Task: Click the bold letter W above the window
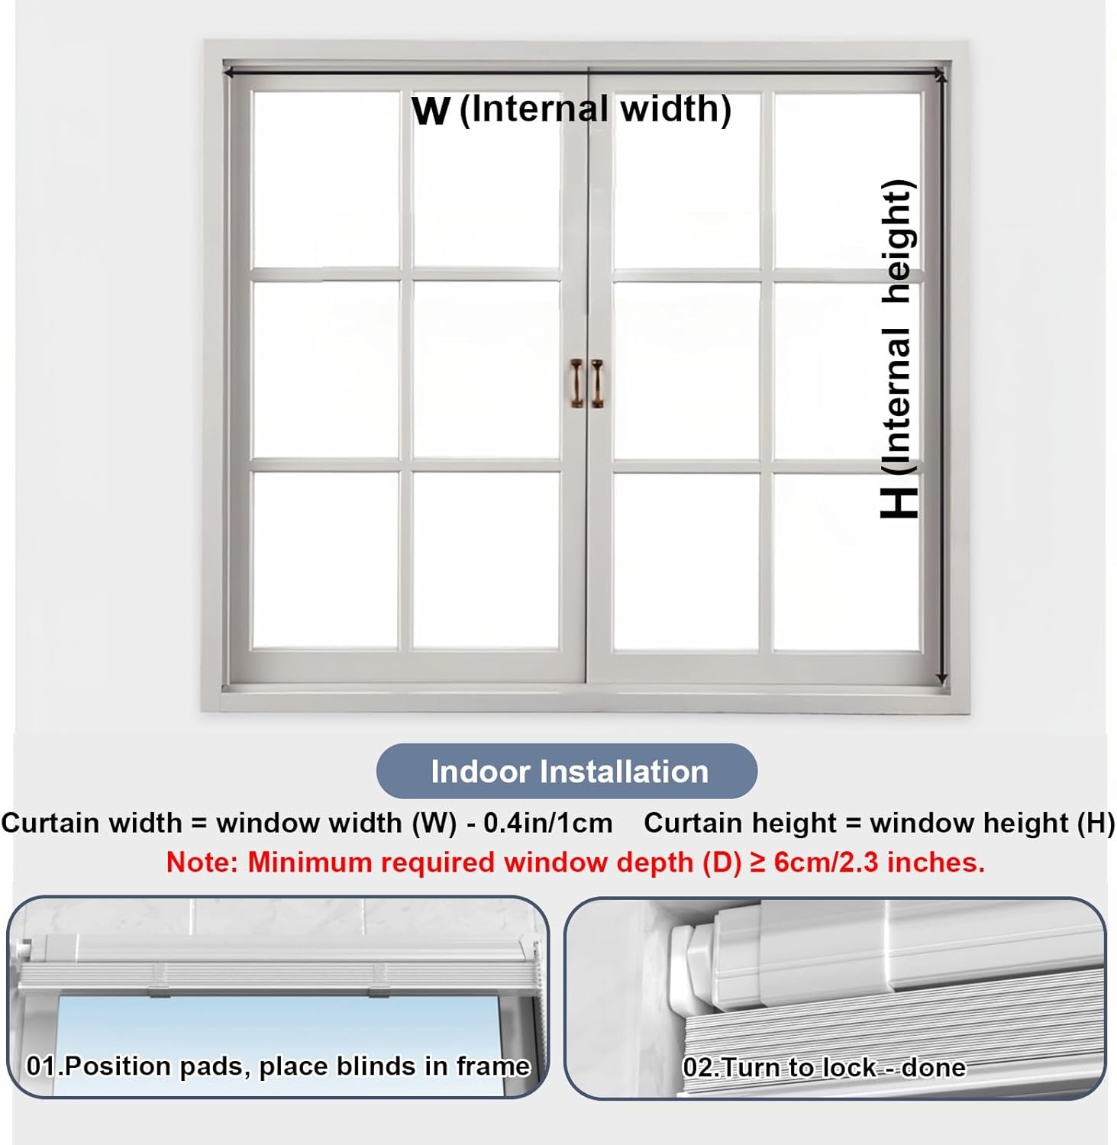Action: click(x=431, y=111)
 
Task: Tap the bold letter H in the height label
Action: click(x=899, y=501)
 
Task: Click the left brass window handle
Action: click(x=576, y=383)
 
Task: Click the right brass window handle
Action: click(x=596, y=383)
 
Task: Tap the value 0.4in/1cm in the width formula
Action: click(x=547, y=823)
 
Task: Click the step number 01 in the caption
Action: click(x=42, y=1066)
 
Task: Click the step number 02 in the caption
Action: click(x=697, y=1067)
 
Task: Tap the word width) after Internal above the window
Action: click(x=676, y=109)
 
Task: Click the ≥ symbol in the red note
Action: click(x=757, y=863)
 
